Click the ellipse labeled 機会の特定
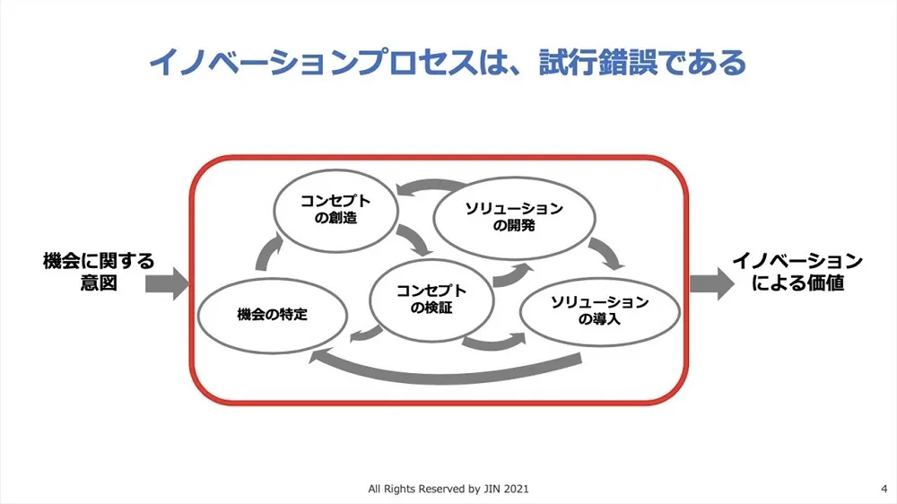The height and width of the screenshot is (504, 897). (272, 315)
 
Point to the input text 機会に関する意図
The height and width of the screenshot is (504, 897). (99, 272)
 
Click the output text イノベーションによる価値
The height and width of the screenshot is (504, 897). (797, 272)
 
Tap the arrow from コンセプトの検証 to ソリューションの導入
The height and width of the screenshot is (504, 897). (493, 342)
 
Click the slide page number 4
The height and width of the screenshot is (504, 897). (884, 489)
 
